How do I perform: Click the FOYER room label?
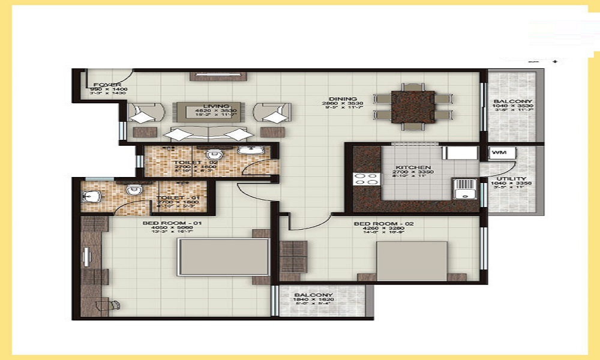107,85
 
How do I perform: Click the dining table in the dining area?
413,106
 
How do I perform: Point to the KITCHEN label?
413,167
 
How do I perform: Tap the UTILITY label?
511,179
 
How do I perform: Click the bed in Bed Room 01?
223,258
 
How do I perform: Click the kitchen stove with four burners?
366,178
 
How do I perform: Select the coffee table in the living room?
208,111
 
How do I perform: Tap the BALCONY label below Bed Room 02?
313,295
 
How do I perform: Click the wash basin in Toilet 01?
92,196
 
